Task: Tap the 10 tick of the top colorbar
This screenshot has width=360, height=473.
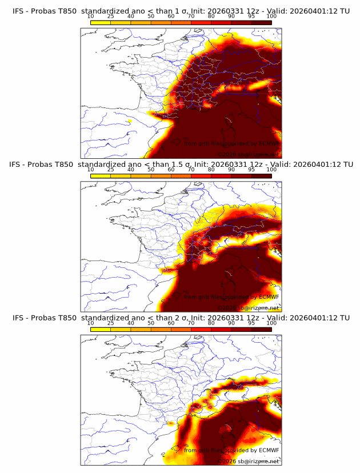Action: pos(91,16)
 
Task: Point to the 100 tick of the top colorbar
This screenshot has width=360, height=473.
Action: pos(271,16)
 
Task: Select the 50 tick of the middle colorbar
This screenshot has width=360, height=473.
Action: pos(151,170)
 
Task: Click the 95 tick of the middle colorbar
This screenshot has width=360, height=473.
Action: pos(251,170)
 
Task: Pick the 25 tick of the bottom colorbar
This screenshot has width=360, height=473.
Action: pos(111,323)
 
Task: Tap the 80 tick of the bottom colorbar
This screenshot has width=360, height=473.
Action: pos(211,323)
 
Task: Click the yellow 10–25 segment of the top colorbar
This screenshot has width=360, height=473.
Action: pos(101,22)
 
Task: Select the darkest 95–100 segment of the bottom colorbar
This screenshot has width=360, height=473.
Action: pos(262,330)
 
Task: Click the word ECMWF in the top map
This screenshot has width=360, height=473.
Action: pos(269,143)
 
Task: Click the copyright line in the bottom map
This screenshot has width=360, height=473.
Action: pos(249,461)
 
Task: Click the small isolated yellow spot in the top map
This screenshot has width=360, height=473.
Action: pos(130,121)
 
